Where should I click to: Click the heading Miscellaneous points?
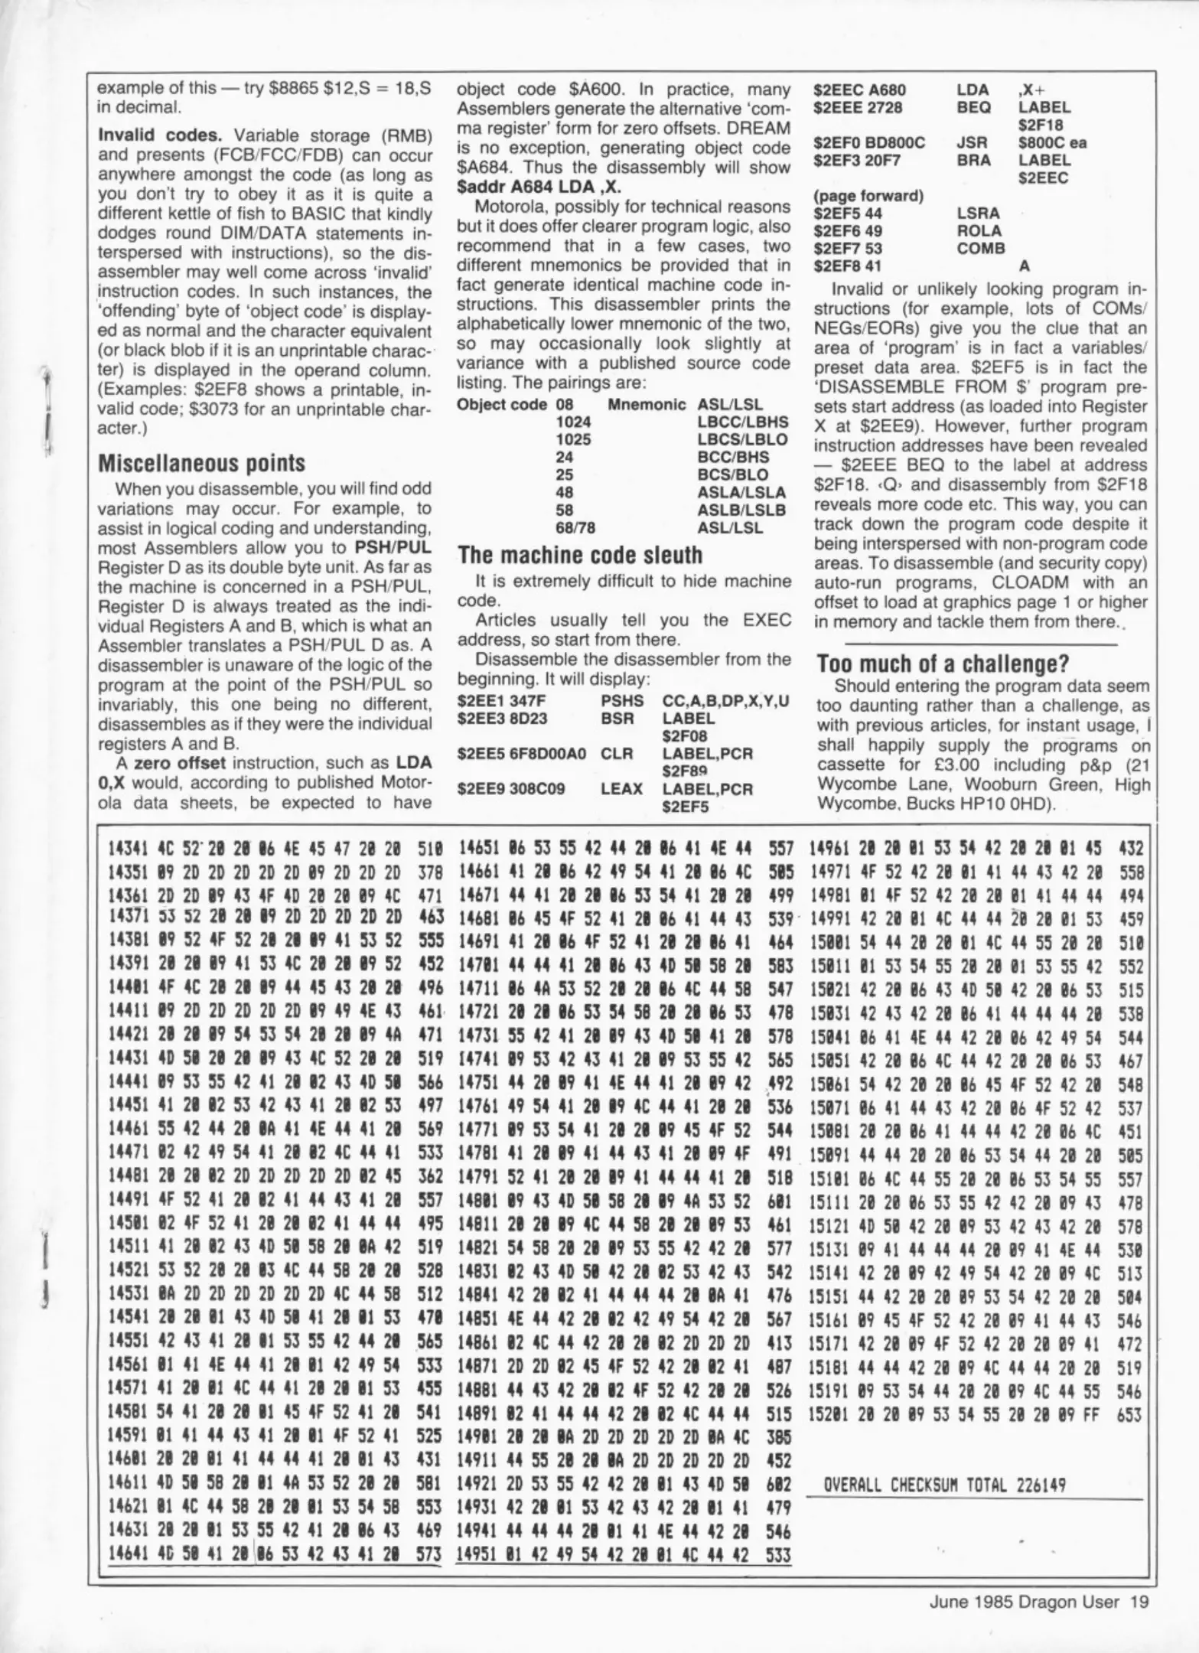tap(202, 463)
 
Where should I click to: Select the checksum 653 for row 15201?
tap(1129, 1416)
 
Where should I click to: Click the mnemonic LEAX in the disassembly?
tap(621, 789)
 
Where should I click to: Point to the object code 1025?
tap(573, 440)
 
